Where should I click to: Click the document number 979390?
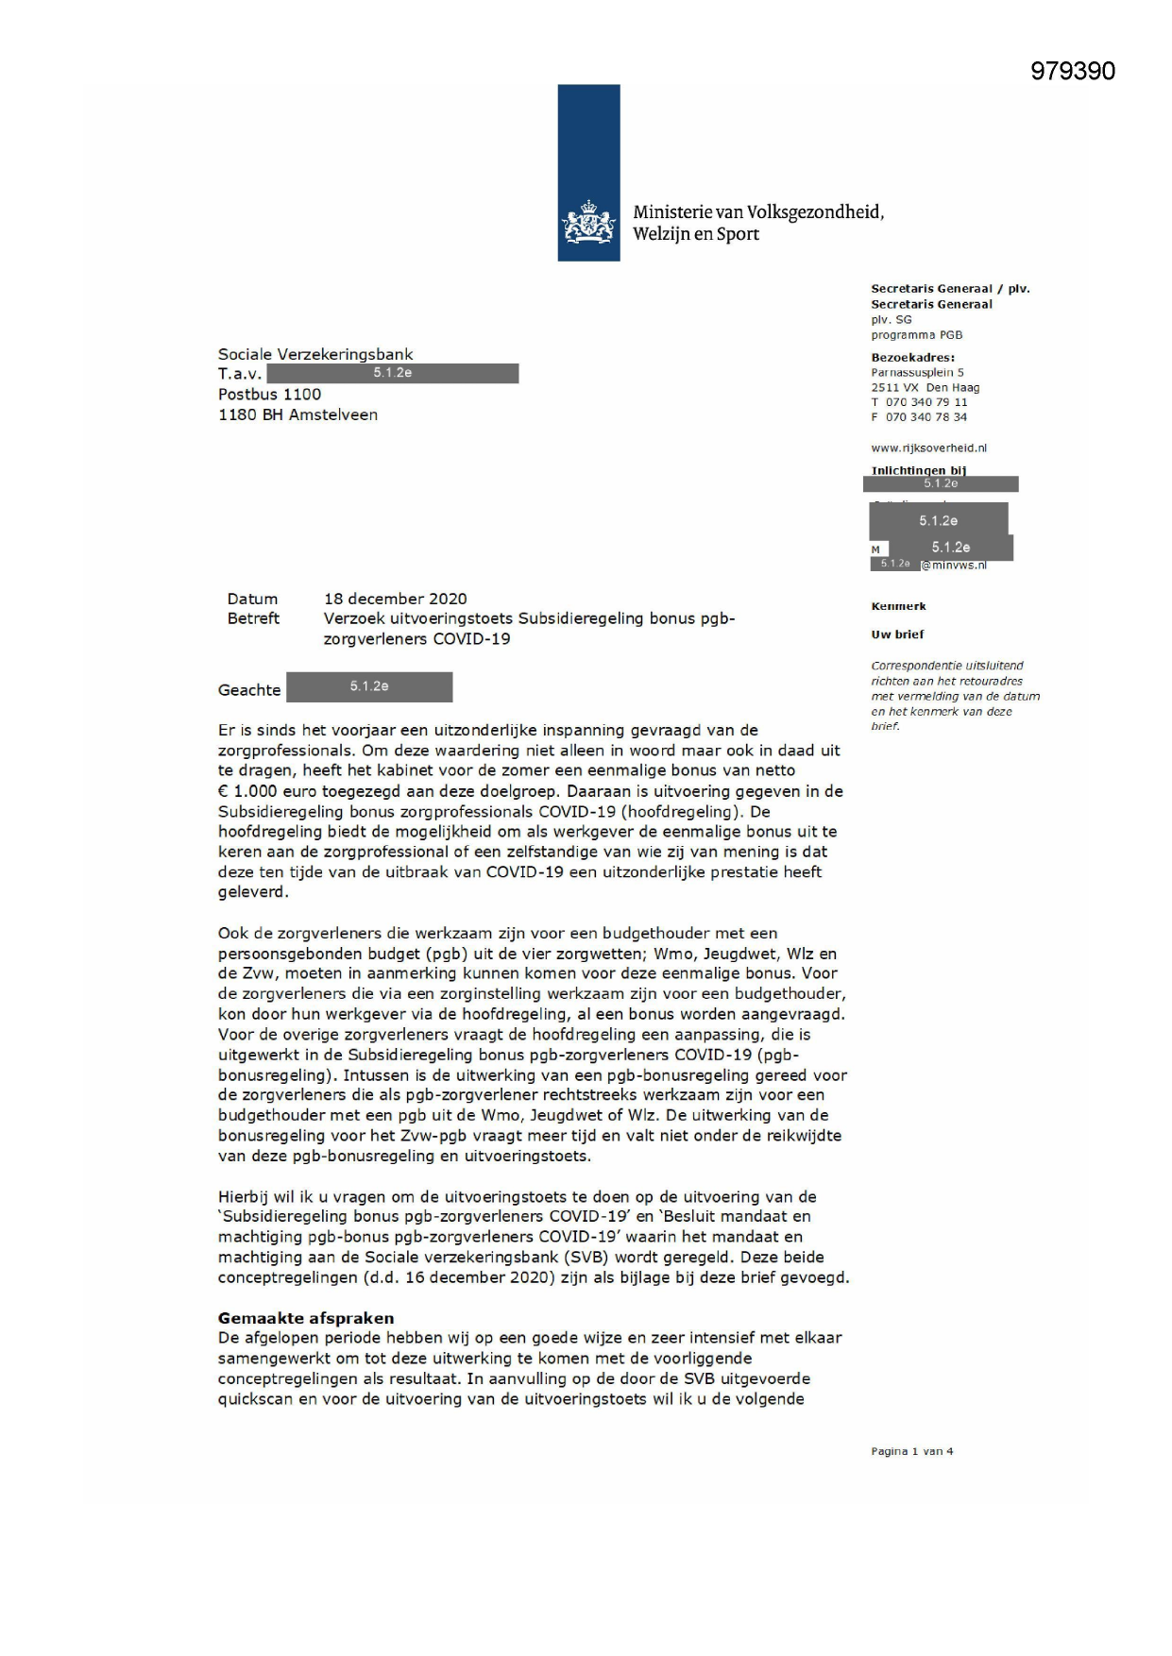tap(1072, 72)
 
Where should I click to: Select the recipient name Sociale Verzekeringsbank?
tap(315, 355)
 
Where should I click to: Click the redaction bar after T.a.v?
tap(392, 374)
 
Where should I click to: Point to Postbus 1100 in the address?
tap(269, 395)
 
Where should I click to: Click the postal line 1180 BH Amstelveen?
tap(297, 415)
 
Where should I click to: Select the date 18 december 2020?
tap(395, 599)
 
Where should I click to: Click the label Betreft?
tap(253, 618)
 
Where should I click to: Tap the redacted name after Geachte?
tap(369, 687)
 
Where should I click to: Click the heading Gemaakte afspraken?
tap(306, 1318)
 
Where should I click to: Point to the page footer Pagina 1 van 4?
tap(911, 1451)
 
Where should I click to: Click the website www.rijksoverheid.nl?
tap(928, 448)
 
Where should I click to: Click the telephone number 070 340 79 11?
tap(926, 402)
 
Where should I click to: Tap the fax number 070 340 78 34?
tap(926, 417)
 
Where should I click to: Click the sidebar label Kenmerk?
tap(898, 606)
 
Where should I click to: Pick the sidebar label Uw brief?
tap(897, 634)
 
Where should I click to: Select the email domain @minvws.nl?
tap(954, 565)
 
